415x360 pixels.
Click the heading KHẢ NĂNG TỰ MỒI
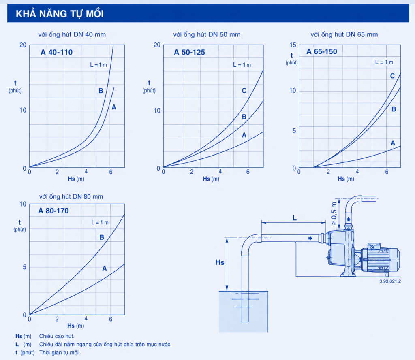tap(60, 13)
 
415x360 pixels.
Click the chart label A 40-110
tap(56, 52)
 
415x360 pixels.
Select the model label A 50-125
tap(190, 52)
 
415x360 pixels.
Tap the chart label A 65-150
tap(322, 51)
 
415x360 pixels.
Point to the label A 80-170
tap(53, 211)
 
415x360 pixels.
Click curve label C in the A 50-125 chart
tap(244, 91)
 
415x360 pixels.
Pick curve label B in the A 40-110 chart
tap(101, 91)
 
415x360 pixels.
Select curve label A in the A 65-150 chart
tap(393, 143)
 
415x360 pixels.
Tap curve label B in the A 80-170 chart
tap(102, 237)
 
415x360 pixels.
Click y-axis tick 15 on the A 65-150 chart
tap(293, 45)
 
